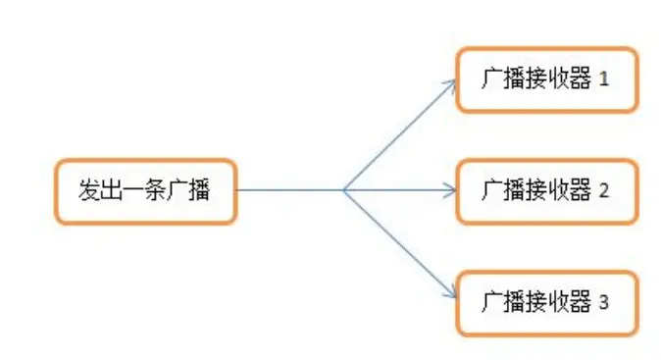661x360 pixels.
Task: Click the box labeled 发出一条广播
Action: (144, 190)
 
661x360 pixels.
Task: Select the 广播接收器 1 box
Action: (547, 78)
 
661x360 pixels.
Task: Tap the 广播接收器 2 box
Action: (547, 190)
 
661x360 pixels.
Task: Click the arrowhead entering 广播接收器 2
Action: (451, 190)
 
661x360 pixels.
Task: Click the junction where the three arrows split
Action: (343, 190)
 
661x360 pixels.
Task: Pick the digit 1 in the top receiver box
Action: (604, 78)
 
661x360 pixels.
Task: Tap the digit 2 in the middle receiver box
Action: (604, 190)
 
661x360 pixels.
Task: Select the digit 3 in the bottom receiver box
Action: (604, 302)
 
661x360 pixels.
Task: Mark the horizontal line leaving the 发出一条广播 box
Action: (289, 190)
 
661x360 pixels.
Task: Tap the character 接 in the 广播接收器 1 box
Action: (536, 78)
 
